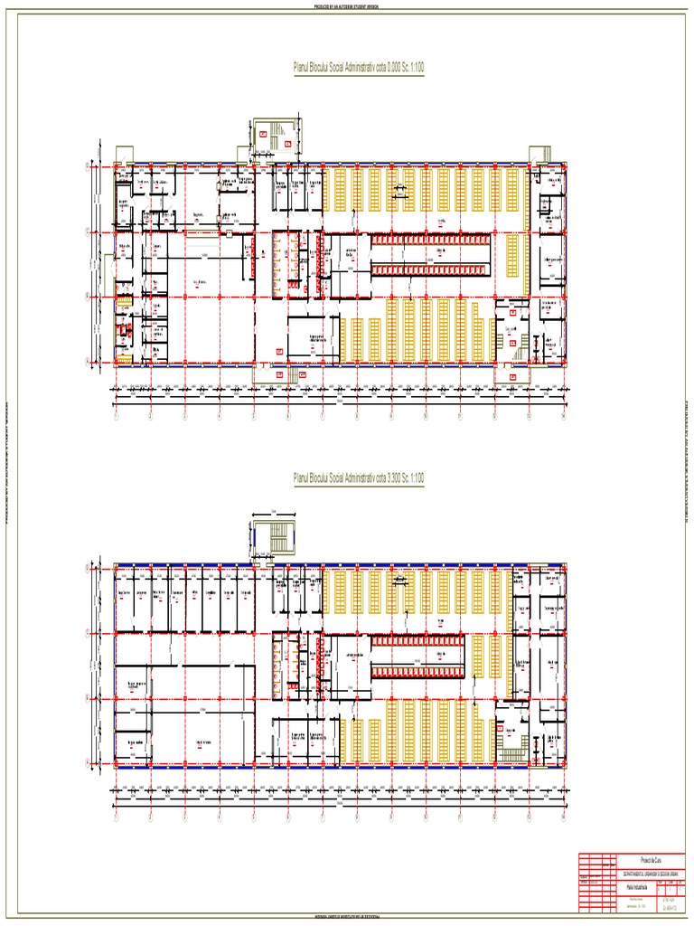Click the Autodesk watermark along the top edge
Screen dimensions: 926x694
click(x=346, y=5)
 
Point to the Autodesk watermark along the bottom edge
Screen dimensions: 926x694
click(x=346, y=919)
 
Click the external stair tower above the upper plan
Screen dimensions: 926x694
click(x=274, y=135)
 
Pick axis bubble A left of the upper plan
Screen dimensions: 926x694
click(x=87, y=362)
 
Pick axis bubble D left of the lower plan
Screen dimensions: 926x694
click(x=87, y=568)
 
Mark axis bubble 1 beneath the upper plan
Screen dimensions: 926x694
click(x=116, y=417)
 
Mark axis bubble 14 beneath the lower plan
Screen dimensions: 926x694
click(x=562, y=818)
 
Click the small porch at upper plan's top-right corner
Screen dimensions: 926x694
click(x=540, y=155)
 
